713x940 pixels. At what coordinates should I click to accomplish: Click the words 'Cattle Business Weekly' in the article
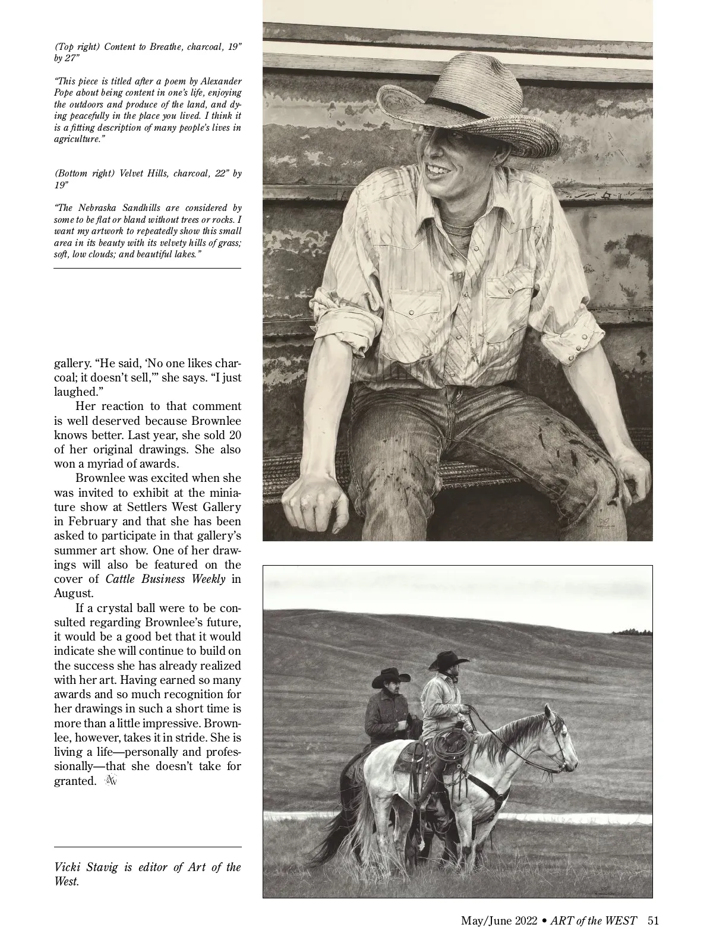(x=165, y=579)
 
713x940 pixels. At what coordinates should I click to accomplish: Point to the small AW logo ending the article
(x=111, y=781)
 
